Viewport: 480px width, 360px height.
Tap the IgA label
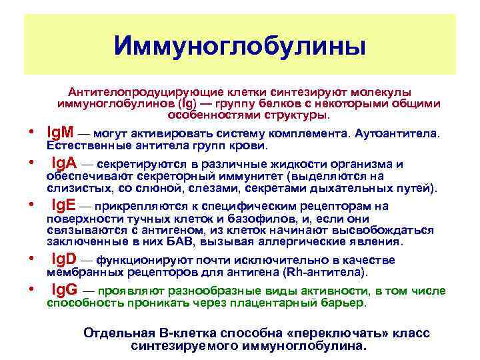pyautogui.click(x=65, y=164)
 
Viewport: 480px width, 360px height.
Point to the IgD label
pyautogui.click(x=65, y=259)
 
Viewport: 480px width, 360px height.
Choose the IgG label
pyautogui.click(x=65, y=291)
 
